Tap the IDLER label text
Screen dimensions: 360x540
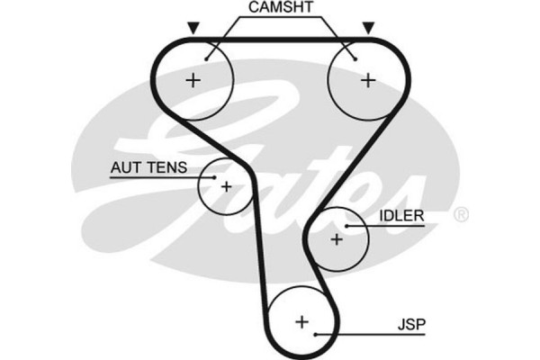click(x=401, y=217)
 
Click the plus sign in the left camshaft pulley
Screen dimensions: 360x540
click(x=193, y=80)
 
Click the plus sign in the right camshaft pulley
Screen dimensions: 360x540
click(x=367, y=80)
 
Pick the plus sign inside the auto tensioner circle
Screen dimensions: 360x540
click(x=226, y=187)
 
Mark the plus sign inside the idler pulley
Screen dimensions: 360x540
click(x=337, y=239)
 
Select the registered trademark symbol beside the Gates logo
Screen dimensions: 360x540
click(x=461, y=214)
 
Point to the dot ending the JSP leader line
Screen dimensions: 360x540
click(x=317, y=335)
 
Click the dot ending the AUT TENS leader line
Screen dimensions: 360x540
click(x=214, y=177)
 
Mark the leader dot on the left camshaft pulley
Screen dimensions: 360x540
click(x=206, y=59)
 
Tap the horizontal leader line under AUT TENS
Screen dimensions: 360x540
click(x=157, y=177)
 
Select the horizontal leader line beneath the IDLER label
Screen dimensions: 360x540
click(x=396, y=227)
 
